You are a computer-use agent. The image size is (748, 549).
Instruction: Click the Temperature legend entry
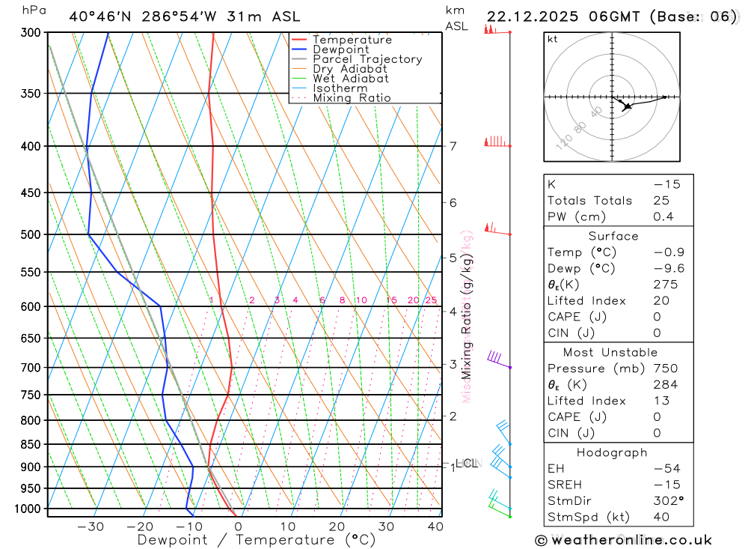(352, 40)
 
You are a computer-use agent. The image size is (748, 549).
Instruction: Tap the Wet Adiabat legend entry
(350, 78)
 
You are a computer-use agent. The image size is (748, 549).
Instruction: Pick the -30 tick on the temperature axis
(91, 527)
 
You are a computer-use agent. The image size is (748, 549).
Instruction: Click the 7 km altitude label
(453, 146)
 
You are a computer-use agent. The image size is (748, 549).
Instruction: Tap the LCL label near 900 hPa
(466, 464)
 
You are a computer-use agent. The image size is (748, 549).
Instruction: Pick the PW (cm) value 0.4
(663, 217)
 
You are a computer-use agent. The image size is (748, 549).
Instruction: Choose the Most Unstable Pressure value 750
(665, 368)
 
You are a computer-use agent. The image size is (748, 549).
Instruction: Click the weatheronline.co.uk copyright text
(623, 540)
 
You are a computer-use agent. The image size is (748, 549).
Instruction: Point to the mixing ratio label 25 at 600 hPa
(431, 300)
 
